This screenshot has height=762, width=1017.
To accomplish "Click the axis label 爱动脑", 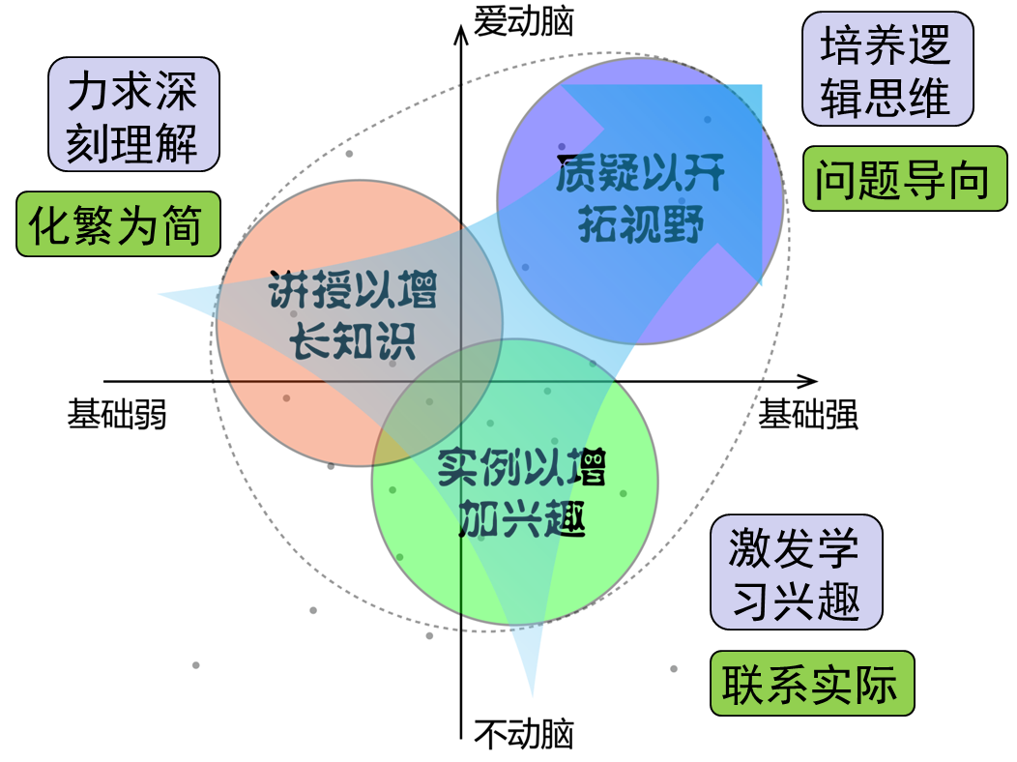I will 523,21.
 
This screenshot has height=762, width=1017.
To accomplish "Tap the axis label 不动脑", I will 523,734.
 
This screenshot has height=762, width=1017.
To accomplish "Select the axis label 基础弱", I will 117,415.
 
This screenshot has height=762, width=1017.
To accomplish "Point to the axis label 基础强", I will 808,415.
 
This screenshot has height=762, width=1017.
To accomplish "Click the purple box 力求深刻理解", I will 133,115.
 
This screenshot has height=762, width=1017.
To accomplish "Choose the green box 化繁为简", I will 118,224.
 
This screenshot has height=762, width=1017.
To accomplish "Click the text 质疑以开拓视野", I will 640,200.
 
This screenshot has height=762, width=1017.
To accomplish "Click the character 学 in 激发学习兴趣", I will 837,549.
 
